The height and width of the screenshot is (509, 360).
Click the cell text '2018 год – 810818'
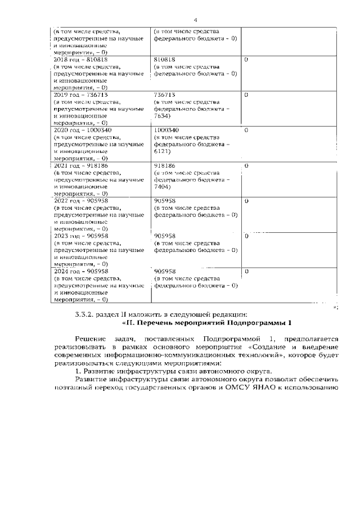[x=80, y=59]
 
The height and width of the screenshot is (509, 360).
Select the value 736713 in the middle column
[x=165, y=94]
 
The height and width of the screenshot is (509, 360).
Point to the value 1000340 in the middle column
[x=167, y=130]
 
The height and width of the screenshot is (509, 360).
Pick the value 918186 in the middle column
[x=165, y=166]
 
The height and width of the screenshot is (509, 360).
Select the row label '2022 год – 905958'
[x=80, y=201]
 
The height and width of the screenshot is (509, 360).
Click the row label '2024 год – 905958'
[x=80, y=271]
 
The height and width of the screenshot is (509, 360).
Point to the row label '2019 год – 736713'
[x=80, y=94]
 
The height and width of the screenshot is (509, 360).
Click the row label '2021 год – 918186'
[x=80, y=166]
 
